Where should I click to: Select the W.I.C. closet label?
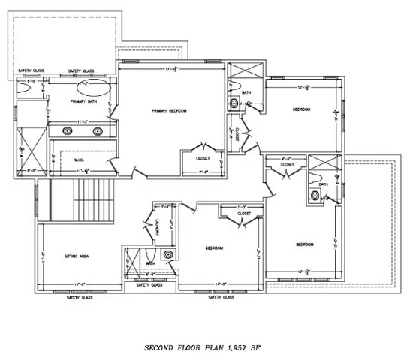[79, 160]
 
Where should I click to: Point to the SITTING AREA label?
[79, 256]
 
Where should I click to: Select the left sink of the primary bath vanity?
[68, 130]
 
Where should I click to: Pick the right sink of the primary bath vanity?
[98, 130]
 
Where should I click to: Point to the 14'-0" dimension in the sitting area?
[78, 284]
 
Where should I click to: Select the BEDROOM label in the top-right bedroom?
[302, 109]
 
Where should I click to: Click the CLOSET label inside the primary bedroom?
[201, 159]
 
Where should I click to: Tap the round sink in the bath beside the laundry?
[167, 254]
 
